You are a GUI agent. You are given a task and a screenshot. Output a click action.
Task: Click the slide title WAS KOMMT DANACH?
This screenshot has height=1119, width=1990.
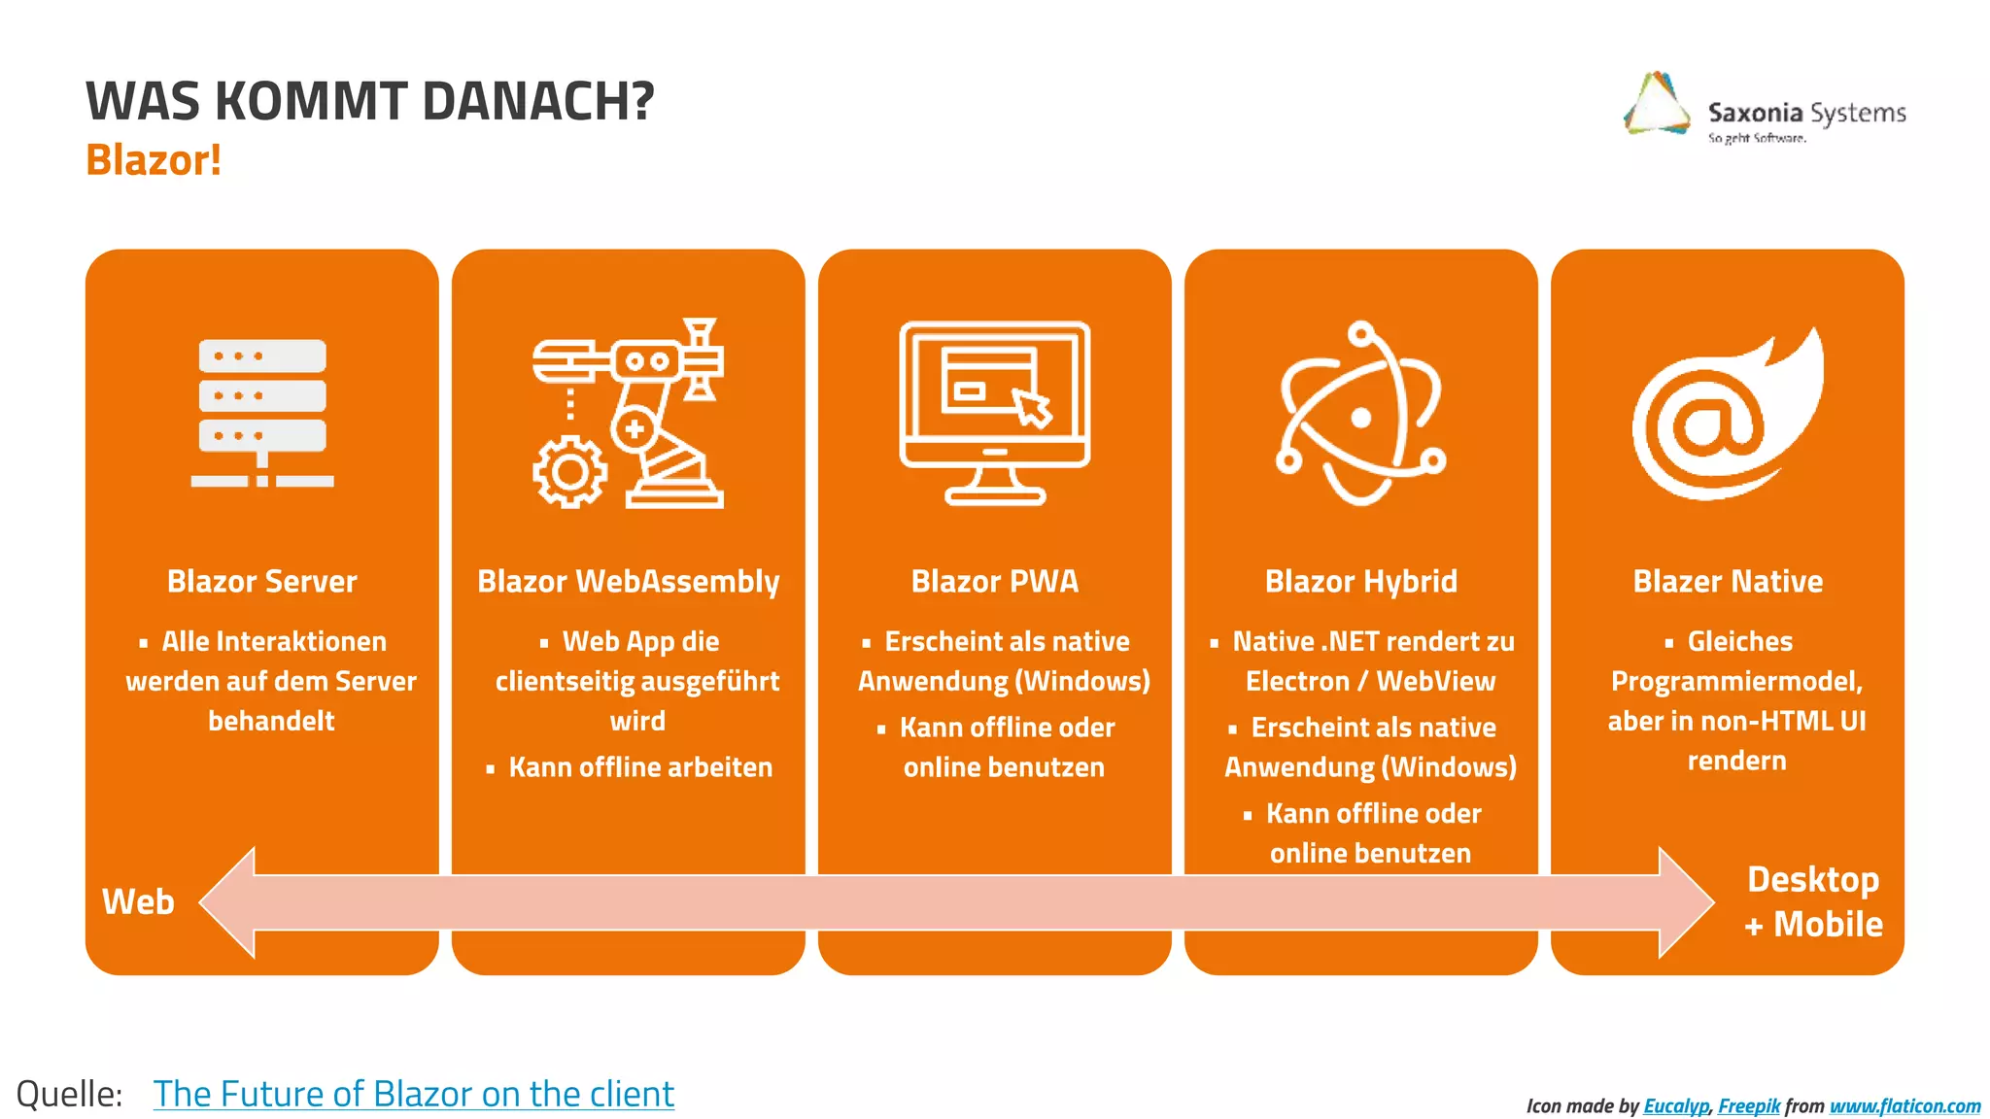point(369,101)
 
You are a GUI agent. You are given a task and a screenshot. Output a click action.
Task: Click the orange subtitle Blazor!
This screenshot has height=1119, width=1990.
point(154,160)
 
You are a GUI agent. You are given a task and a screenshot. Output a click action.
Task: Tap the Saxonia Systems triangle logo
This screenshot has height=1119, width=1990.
point(1658,105)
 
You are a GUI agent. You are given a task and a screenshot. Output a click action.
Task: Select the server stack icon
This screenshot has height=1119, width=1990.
point(262,413)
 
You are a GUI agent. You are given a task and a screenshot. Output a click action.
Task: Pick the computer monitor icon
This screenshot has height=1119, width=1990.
point(994,413)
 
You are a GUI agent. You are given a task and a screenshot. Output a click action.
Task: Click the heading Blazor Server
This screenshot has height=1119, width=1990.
point(262,581)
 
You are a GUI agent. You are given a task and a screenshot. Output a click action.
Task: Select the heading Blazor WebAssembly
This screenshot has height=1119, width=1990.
point(628,581)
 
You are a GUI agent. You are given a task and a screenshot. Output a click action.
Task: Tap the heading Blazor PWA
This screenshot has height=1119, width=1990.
point(994,581)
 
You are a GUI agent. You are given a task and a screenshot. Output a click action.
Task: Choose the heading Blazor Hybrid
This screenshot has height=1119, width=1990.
point(1360,581)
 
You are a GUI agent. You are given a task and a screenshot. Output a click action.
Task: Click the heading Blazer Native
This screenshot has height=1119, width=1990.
point(1727,581)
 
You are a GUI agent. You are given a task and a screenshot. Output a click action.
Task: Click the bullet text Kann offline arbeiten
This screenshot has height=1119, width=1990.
point(640,767)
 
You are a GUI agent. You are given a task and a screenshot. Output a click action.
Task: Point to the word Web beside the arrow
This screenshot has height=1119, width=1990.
point(138,901)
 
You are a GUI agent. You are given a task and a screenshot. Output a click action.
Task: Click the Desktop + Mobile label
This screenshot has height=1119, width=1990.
point(1813,901)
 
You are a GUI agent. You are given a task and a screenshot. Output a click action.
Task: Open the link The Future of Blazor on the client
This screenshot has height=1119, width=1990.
point(413,1094)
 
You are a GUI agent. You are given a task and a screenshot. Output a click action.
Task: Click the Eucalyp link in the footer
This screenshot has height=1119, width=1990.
point(1675,1105)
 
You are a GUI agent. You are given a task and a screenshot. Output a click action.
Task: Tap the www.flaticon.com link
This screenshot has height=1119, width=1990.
point(1904,1105)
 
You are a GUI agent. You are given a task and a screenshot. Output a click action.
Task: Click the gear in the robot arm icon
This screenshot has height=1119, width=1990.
point(569,473)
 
